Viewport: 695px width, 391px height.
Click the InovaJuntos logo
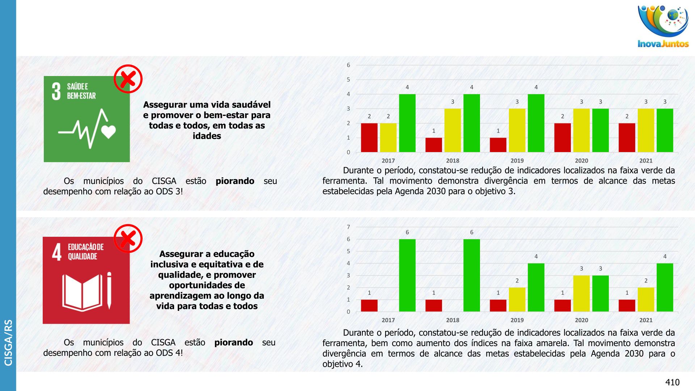click(x=663, y=26)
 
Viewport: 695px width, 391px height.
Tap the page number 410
click(x=672, y=382)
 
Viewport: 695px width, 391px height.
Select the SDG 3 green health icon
click(x=87, y=119)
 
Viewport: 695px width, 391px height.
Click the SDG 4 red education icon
click(x=86, y=281)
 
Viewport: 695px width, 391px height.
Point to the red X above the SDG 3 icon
click(x=128, y=79)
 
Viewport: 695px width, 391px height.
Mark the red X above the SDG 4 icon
click(x=128, y=239)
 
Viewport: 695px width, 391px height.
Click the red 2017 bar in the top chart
click(x=369, y=138)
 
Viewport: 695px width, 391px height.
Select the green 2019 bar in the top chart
click(x=536, y=123)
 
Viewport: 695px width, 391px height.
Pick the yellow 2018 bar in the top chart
click(x=452, y=130)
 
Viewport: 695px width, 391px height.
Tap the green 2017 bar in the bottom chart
click(x=407, y=275)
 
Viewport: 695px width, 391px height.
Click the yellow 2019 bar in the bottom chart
click(x=517, y=299)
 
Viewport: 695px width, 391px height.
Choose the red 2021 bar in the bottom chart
click(x=627, y=306)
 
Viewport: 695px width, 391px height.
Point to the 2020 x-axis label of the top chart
click(x=581, y=161)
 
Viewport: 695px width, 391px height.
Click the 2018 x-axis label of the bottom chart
click(x=452, y=320)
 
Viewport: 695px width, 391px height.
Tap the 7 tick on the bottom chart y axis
click(x=349, y=227)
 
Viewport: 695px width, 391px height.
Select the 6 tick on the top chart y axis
click(x=349, y=65)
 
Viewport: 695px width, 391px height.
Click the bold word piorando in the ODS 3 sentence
click(x=235, y=181)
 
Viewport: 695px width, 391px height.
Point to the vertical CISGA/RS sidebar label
click(x=8, y=342)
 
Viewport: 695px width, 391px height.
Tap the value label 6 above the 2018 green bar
click(x=472, y=232)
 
